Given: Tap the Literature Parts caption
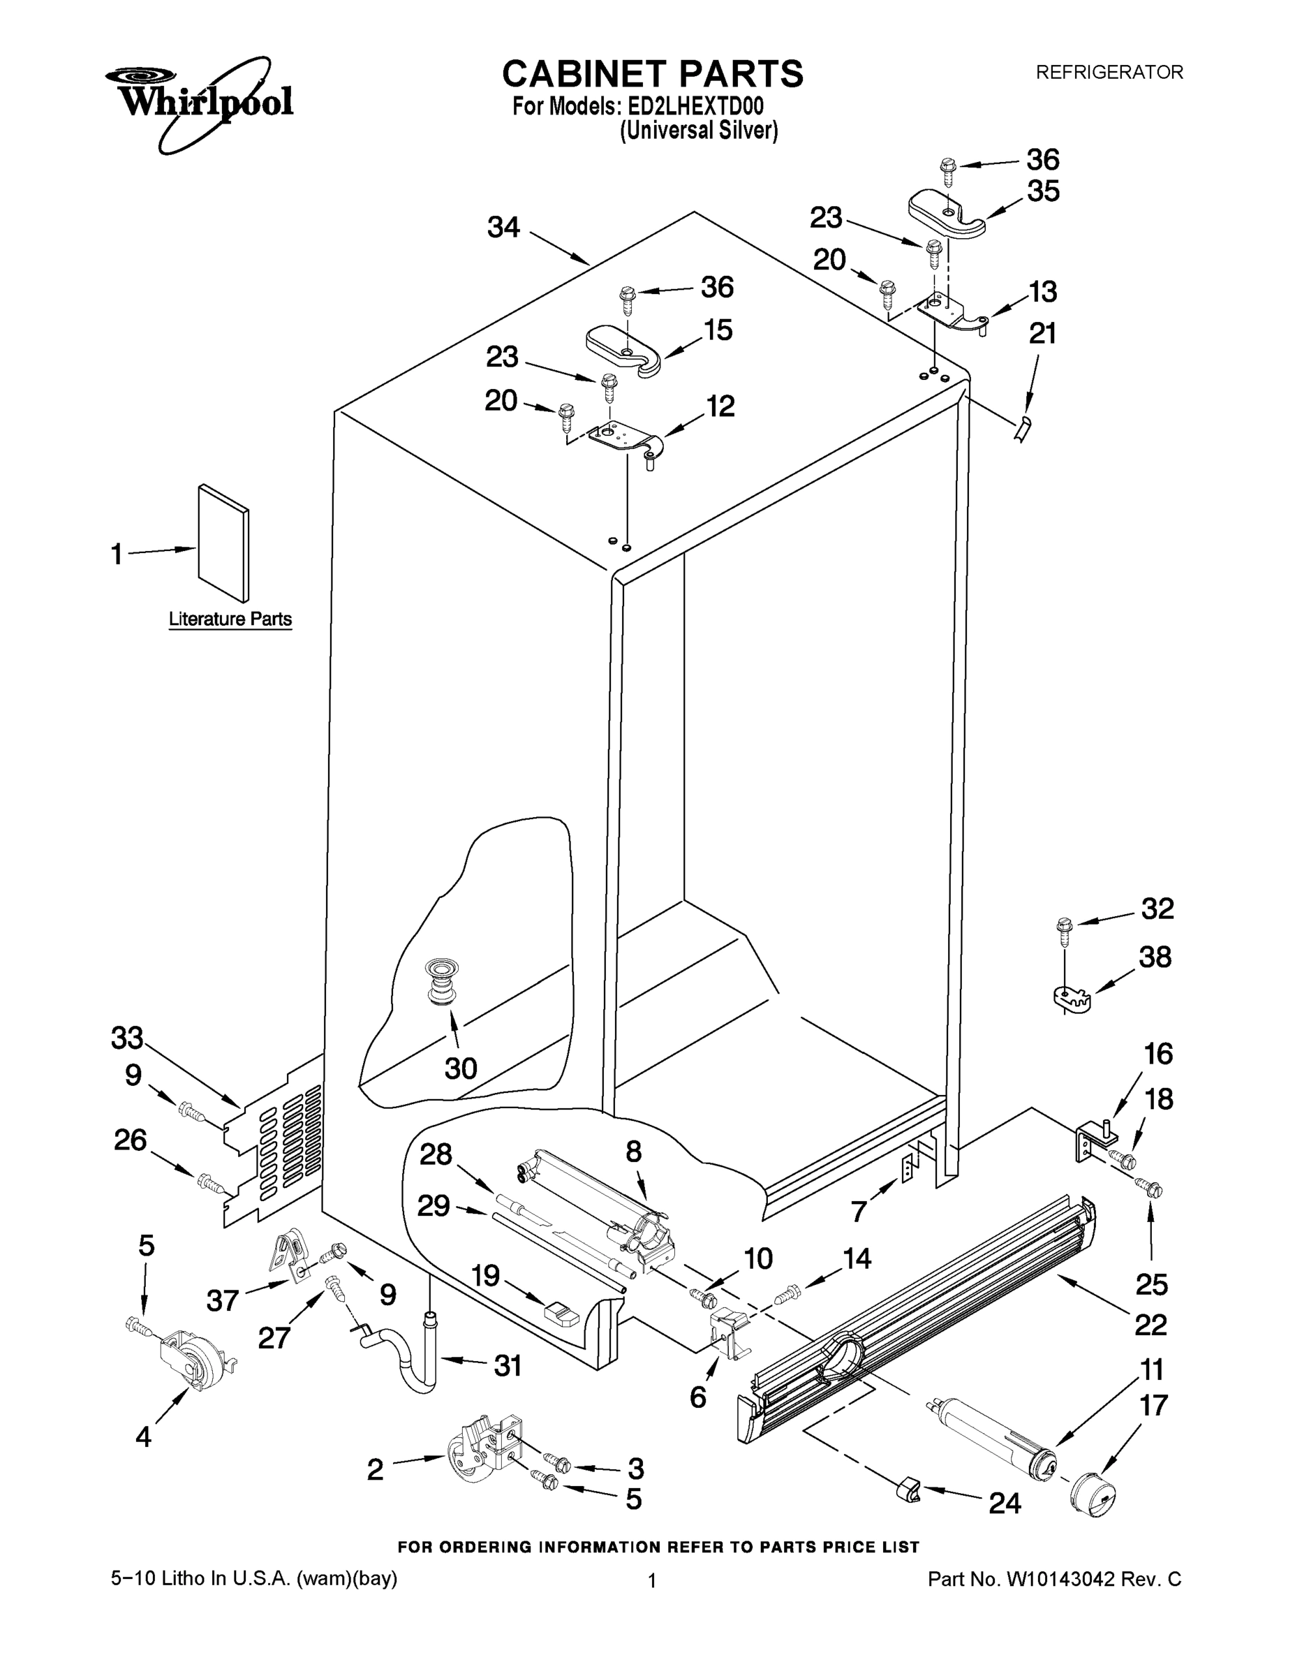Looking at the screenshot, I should pos(230,619).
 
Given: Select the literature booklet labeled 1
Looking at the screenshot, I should pos(223,543).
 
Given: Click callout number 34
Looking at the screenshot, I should pos(503,228).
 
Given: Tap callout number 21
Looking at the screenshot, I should pos(1042,334).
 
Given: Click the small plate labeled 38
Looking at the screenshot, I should pos(1071,999).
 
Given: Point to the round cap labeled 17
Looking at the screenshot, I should pos(1093,1495).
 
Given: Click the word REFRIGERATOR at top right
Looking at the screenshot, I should pos(1109,72).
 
